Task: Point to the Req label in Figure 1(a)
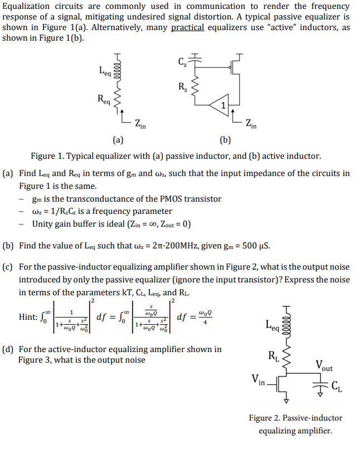[104, 99]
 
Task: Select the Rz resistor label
[182, 86]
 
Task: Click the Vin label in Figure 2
[259, 381]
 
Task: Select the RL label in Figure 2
[274, 355]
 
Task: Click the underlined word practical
[187, 28]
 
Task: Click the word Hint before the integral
[28, 316]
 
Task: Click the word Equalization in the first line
[26, 7]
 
